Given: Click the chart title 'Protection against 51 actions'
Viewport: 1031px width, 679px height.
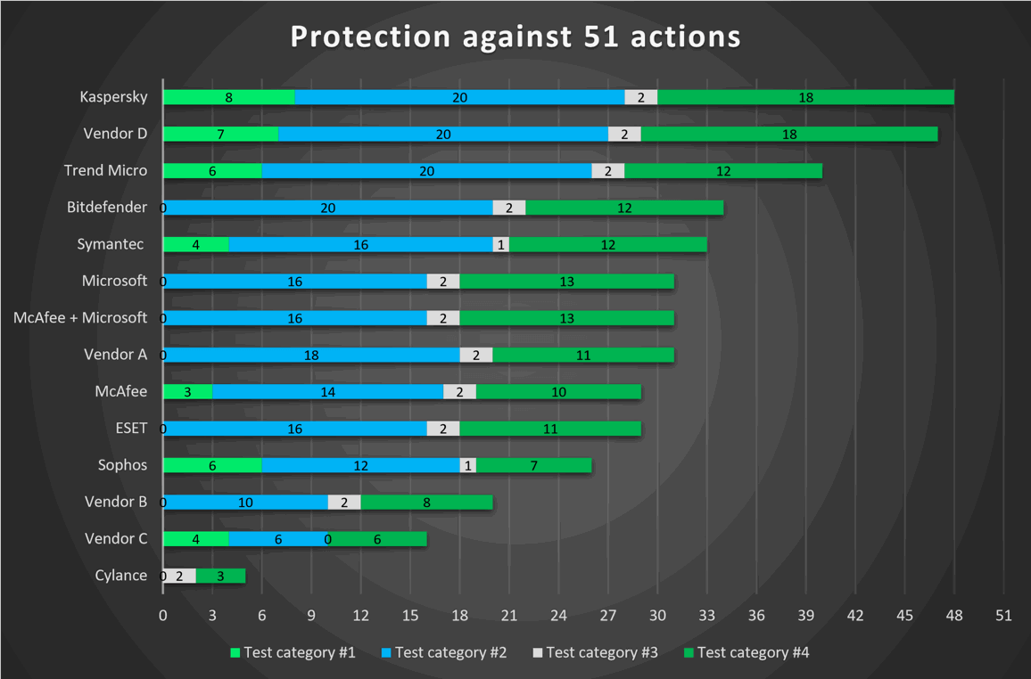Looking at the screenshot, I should point(515,37).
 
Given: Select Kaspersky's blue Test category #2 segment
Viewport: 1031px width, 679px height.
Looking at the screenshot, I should point(459,97).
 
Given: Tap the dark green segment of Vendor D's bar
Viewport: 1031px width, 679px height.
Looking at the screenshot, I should point(789,134).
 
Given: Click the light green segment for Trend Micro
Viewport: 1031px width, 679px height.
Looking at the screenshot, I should point(212,171).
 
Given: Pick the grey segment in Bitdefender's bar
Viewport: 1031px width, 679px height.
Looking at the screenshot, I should point(509,208).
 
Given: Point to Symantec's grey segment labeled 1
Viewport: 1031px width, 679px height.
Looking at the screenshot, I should point(501,244).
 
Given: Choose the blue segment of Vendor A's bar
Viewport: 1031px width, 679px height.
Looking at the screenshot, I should point(311,355).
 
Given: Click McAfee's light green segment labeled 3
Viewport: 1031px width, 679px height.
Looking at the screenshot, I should point(188,391).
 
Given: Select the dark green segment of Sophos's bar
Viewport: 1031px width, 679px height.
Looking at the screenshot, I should point(533,465).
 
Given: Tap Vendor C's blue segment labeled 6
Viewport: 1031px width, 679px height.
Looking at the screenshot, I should point(278,539).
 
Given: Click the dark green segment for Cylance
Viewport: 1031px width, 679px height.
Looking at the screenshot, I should point(220,576).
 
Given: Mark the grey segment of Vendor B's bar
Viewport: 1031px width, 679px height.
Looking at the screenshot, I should point(344,502).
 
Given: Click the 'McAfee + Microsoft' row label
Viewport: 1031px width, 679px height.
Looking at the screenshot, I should point(80,317).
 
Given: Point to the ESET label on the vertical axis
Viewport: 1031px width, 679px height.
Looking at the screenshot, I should point(131,428).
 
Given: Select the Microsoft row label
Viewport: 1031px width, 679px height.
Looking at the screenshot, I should point(114,281).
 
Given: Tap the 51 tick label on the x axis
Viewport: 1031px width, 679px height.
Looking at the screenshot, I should point(1003,615).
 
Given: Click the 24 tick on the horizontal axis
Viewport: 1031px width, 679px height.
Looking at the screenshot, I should point(558,615).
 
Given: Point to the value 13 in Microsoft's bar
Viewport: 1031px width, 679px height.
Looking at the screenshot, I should point(566,282).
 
